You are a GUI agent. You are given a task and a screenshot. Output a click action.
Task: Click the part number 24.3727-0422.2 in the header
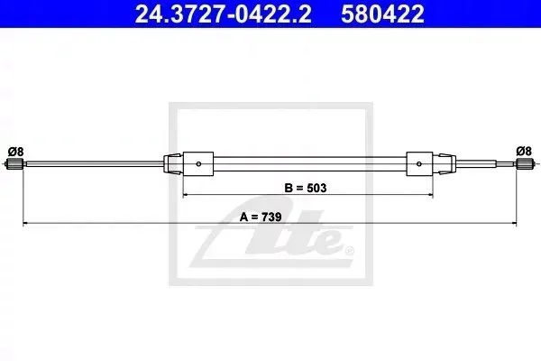point(223,14)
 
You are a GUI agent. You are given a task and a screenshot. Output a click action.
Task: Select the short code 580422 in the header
point(382,14)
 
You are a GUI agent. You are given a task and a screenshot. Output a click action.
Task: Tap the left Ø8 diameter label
point(15,152)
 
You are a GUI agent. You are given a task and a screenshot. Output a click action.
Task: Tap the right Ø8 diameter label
point(524,151)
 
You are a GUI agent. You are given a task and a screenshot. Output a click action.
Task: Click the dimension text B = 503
point(306,188)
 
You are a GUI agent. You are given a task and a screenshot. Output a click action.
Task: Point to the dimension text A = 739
point(261,217)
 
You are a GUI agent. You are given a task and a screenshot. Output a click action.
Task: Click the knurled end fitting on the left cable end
point(14,163)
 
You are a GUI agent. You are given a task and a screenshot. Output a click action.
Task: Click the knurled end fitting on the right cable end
point(525,163)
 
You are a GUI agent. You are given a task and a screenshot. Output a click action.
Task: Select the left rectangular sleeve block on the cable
point(198,163)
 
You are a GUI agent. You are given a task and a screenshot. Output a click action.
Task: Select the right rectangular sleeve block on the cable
point(419,163)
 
